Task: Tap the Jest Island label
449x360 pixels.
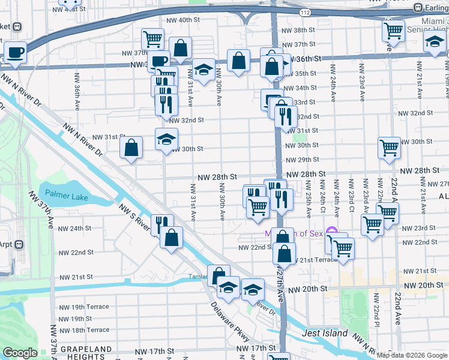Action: coord(325,333)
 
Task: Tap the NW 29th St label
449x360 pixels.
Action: coord(302,160)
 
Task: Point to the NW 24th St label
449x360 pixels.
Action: coord(75,229)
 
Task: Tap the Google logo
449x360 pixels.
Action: coord(20,353)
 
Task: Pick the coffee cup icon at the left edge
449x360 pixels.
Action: coord(15,52)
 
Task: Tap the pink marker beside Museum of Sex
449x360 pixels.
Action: coord(335,233)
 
